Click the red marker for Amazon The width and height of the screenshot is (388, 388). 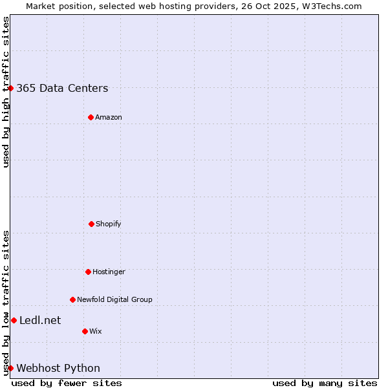(x=91, y=117)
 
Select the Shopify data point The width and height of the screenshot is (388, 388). (x=91, y=224)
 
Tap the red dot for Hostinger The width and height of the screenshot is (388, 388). (x=88, y=272)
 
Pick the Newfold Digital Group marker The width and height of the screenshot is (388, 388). (x=72, y=299)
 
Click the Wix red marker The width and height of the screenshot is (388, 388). (x=85, y=331)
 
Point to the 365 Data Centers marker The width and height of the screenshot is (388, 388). (x=11, y=88)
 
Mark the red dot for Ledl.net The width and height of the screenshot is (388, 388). (x=14, y=320)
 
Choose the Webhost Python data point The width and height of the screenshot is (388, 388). (x=11, y=368)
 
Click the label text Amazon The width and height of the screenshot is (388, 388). (x=109, y=118)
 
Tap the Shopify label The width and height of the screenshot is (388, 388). (x=109, y=224)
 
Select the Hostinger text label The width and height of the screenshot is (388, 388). (x=109, y=272)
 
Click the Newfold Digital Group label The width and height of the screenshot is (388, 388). (x=114, y=300)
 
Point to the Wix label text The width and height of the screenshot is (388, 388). (x=96, y=332)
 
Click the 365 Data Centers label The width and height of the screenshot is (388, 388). (x=62, y=89)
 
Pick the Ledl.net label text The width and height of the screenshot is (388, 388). (x=40, y=321)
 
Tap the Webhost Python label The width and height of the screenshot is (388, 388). (x=58, y=369)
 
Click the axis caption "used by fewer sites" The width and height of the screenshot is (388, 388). (x=67, y=383)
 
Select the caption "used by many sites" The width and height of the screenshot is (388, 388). (x=325, y=383)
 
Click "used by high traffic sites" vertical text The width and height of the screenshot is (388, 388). (x=6, y=92)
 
